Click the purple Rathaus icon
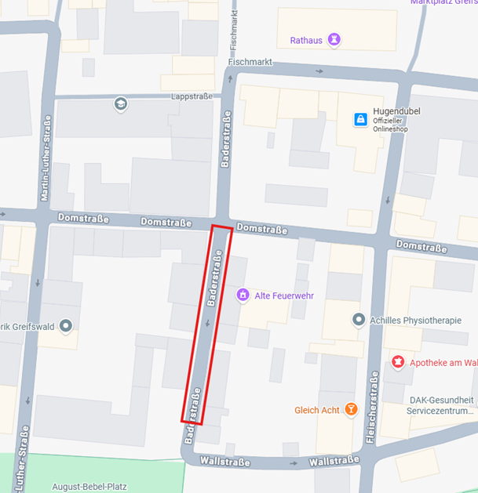pos(334,38)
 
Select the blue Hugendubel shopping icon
pos(360,119)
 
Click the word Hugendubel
pos(396,111)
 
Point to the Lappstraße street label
pos(192,96)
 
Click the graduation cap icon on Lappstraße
pos(120,103)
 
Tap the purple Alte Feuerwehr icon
pos(243,295)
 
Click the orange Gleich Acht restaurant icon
pos(351,409)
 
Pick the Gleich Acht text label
pos(318,410)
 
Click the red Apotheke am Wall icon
pos(398,361)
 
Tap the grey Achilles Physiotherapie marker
pos(359,319)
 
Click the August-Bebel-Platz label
pos(89,486)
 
